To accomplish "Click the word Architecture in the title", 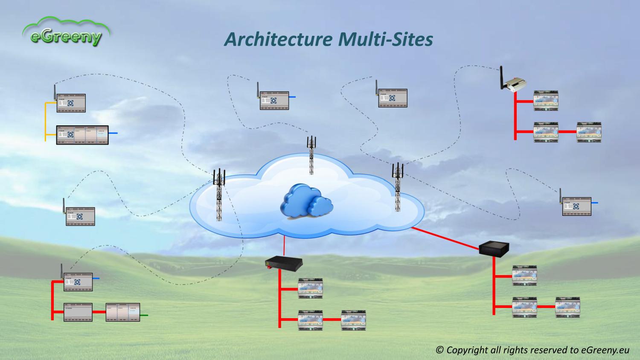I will click(x=278, y=39).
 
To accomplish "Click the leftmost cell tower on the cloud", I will click(x=219, y=194).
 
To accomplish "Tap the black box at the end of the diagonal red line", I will click(x=494, y=248).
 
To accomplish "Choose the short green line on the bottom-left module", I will click(x=144, y=316).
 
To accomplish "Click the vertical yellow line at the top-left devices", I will click(x=45, y=122).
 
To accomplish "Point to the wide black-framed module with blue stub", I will click(x=82, y=135).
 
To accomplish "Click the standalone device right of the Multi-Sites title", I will click(x=392, y=98).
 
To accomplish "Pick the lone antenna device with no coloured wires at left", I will click(x=80, y=216).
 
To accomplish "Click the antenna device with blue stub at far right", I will click(x=576, y=206).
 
